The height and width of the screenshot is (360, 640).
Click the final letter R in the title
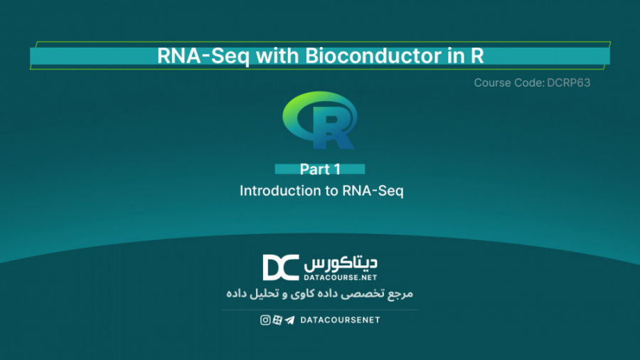[x=476, y=56]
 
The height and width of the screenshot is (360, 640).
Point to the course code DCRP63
[x=569, y=83]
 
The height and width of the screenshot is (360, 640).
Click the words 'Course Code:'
[x=509, y=83]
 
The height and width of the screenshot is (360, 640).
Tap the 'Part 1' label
[x=320, y=169]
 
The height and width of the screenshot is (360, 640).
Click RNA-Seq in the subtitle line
[x=373, y=191]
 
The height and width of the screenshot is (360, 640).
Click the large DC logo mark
[x=280, y=268]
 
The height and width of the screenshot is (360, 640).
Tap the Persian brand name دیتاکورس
[x=341, y=263]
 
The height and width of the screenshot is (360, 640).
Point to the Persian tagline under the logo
[x=319, y=293]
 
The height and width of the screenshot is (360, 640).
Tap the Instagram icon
[x=265, y=320]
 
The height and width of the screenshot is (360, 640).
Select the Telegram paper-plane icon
[x=289, y=320]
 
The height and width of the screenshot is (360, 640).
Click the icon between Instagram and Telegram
[x=277, y=320]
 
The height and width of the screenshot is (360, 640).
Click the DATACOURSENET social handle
[x=340, y=320]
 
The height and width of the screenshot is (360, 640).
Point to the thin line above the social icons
[x=319, y=309]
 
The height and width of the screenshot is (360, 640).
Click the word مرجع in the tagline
[x=401, y=293]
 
